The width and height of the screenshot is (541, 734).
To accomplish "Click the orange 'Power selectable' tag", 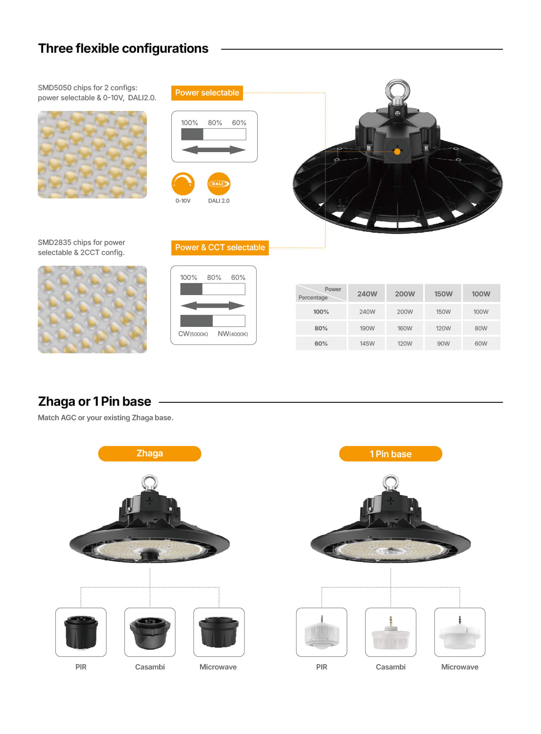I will click(x=207, y=93).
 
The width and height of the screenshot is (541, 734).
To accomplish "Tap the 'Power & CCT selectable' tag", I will click(x=220, y=248).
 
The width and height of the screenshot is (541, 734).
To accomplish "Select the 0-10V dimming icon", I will click(x=183, y=184).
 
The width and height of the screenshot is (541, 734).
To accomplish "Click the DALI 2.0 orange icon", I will click(x=218, y=184).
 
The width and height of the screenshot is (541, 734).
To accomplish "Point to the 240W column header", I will click(x=367, y=294).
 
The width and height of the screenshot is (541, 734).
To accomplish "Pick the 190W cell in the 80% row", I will click(x=367, y=328).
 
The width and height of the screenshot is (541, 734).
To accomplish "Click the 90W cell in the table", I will click(x=443, y=343).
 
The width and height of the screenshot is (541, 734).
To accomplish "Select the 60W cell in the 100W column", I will click(x=481, y=343).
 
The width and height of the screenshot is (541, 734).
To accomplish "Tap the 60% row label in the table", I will click(x=321, y=343).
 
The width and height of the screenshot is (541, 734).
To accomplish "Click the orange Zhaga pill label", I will click(x=150, y=453).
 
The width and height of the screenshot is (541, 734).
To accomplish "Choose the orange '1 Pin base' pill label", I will click(x=391, y=454).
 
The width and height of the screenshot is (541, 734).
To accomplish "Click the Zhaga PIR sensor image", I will click(x=81, y=632).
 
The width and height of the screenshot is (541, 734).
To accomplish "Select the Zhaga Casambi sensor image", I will click(x=150, y=632).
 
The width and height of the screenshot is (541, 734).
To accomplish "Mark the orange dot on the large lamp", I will click(x=397, y=152).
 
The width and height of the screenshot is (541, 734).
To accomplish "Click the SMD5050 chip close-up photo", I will click(x=92, y=155).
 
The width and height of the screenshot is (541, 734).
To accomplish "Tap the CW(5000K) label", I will click(x=193, y=334).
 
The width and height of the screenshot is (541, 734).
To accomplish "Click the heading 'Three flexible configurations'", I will click(x=123, y=48).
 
